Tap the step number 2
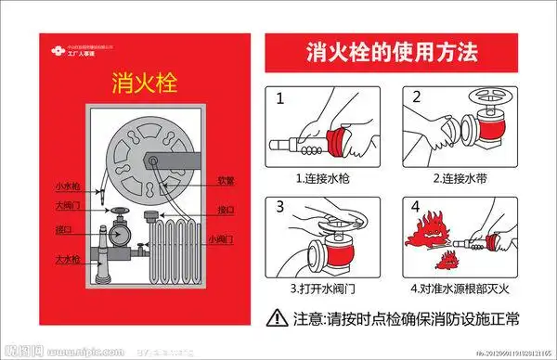pyautogui.click(x=416, y=97)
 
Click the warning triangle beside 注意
pyautogui.click(x=278, y=318)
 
